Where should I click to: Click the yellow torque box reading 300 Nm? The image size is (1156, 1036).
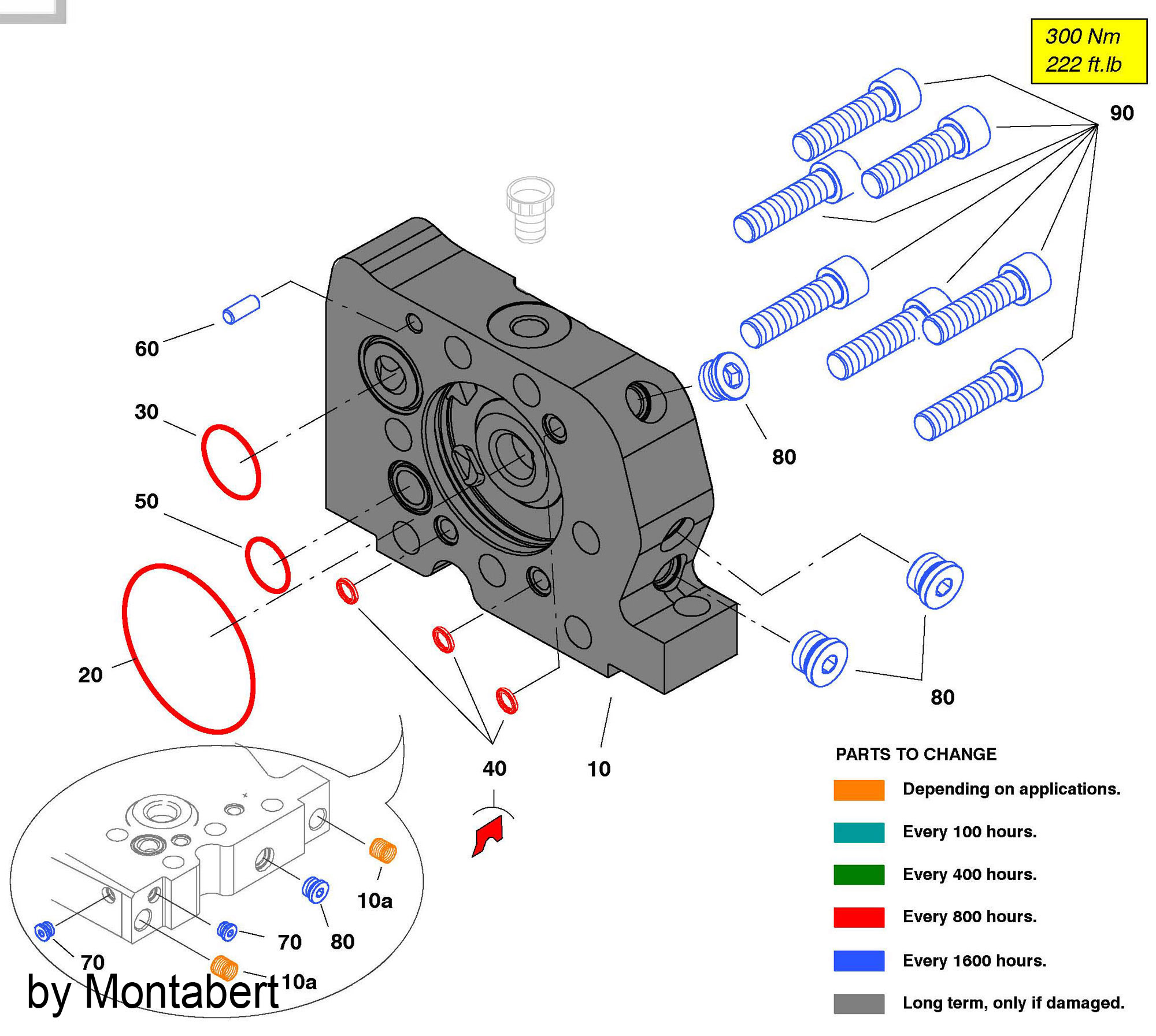[1089, 51]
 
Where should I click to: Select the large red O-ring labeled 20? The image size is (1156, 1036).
[132, 653]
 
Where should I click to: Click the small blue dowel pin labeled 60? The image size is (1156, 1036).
[241, 309]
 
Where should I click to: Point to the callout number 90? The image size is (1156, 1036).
[1122, 113]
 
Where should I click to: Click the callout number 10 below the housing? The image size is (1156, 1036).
[599, 769]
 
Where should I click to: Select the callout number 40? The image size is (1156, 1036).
[494, 768]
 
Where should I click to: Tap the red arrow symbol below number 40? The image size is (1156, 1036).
[488, 837]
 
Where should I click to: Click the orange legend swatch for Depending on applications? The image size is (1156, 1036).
[859, 790]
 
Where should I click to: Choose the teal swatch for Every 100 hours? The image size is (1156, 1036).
[859, 833]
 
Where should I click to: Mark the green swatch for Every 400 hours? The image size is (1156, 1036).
[859, 875]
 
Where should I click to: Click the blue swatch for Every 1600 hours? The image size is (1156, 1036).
[859, 960]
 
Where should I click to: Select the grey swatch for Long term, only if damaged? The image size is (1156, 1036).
[859, 1003]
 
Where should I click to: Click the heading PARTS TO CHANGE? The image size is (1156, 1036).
[916, 754]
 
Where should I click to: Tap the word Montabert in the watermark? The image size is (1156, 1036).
[181, 992]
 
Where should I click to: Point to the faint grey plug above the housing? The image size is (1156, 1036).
[530, 210]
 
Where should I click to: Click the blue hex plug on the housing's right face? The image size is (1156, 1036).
[724, 376]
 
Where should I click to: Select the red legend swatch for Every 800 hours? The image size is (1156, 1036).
[859, 917]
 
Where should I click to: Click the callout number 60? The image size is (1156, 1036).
[147, 348]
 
